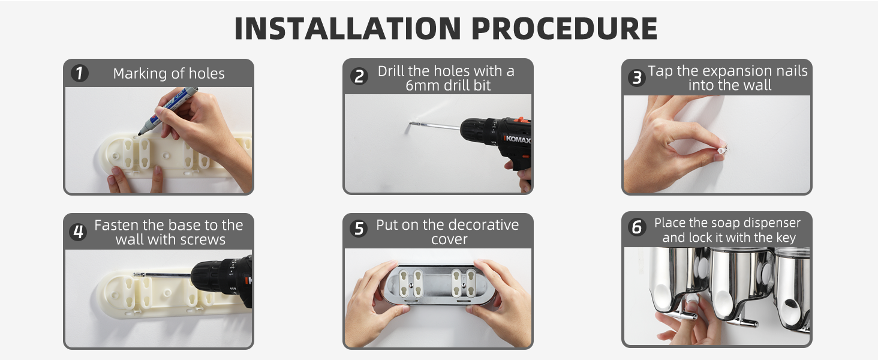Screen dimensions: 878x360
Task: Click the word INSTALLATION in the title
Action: tap(348, 28)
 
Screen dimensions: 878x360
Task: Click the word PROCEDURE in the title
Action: tap(564, 28)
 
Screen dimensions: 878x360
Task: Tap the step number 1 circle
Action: tap(80, 73)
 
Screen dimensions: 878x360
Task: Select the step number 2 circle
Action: tap(359, 76)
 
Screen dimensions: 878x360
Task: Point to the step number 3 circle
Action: tap(637, 77)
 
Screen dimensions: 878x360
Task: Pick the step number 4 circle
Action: tap(79, 232)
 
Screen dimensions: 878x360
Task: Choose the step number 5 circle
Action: tap(359, 229)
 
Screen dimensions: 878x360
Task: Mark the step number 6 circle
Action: tap(637, 227)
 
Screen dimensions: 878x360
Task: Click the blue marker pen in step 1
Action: tap(168, 110)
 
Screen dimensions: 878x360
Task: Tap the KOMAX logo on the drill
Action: tap(518, 139)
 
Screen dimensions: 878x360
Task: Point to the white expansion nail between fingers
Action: tap(722, 149)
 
